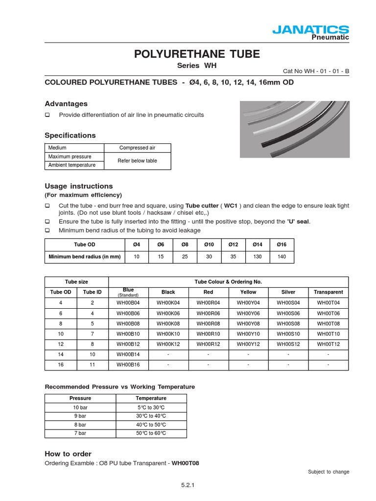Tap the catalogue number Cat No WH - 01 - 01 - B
point(316,71)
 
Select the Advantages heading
point(66,104)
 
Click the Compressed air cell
point(137,148)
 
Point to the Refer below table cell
point(137,161)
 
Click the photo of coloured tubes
point(294,129)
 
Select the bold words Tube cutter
point(201,206)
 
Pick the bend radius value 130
point(258,257)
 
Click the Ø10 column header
point(209,245)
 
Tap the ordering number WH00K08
point(168,324)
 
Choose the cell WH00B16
point(128,365)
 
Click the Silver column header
point(288,292)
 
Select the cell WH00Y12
point(248,344)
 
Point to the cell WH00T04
point(328,303)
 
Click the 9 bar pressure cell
point(80,416)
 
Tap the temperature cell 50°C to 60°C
point(151,433)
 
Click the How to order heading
point(68,454)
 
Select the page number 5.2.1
point(188,485)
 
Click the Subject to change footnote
point(329,472)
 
